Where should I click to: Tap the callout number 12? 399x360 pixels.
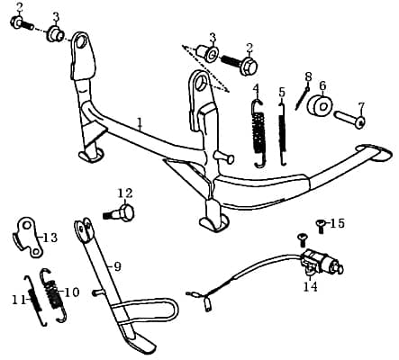pyautogui.click(x=124, y=193)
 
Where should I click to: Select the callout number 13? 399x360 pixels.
pyautogui.click(x=50, y=238)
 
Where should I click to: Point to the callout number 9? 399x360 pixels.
pyautogui.click(x=114, y=266)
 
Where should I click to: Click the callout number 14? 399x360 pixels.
pyautogui.click(x=310, y=287)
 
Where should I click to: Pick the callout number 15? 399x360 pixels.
pyautogui.click(x=337, y=222)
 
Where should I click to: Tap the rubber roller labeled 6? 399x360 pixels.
pyautogui.click(x=320, y=107)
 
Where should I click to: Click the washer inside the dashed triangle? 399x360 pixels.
pyautogui.click(x=211, y=57)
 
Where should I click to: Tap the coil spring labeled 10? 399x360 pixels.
pyautogui.click(x=55, y=293)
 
